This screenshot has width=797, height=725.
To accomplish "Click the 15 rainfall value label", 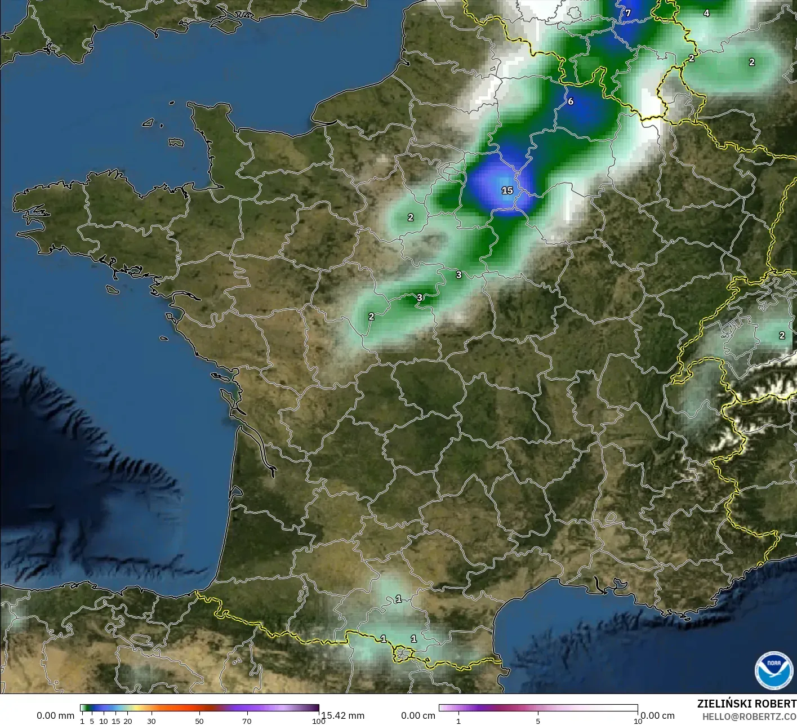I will (507, 190).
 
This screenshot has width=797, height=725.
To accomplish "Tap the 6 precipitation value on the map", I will (571, 101).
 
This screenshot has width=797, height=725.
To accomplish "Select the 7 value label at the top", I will (628, 13).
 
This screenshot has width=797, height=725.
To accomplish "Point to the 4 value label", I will (706, 13).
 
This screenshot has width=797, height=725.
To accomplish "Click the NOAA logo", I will (773, 670).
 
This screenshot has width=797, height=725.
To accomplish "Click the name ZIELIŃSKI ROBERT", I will (746, 704).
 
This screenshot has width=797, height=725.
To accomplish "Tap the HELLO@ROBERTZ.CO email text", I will (749, 716).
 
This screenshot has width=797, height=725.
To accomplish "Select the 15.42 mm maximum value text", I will (343, 715).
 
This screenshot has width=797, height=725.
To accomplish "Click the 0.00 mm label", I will (55, 715).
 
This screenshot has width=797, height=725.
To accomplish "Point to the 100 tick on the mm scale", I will (318, 721).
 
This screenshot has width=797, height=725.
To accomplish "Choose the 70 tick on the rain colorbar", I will (247, 721).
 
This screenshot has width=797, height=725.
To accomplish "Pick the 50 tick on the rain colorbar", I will (199, 721).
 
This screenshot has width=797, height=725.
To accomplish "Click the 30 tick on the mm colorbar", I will (152, 721).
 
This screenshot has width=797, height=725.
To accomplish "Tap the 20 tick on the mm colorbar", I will (128, 721).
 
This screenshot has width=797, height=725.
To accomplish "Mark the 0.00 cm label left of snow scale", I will (418, 715).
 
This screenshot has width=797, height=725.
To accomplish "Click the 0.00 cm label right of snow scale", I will (657, 715).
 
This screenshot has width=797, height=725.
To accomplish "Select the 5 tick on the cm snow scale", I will (538, 721).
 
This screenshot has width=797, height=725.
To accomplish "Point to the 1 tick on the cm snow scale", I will (458, 721).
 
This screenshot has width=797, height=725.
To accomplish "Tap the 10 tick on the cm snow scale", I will (637, 721).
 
